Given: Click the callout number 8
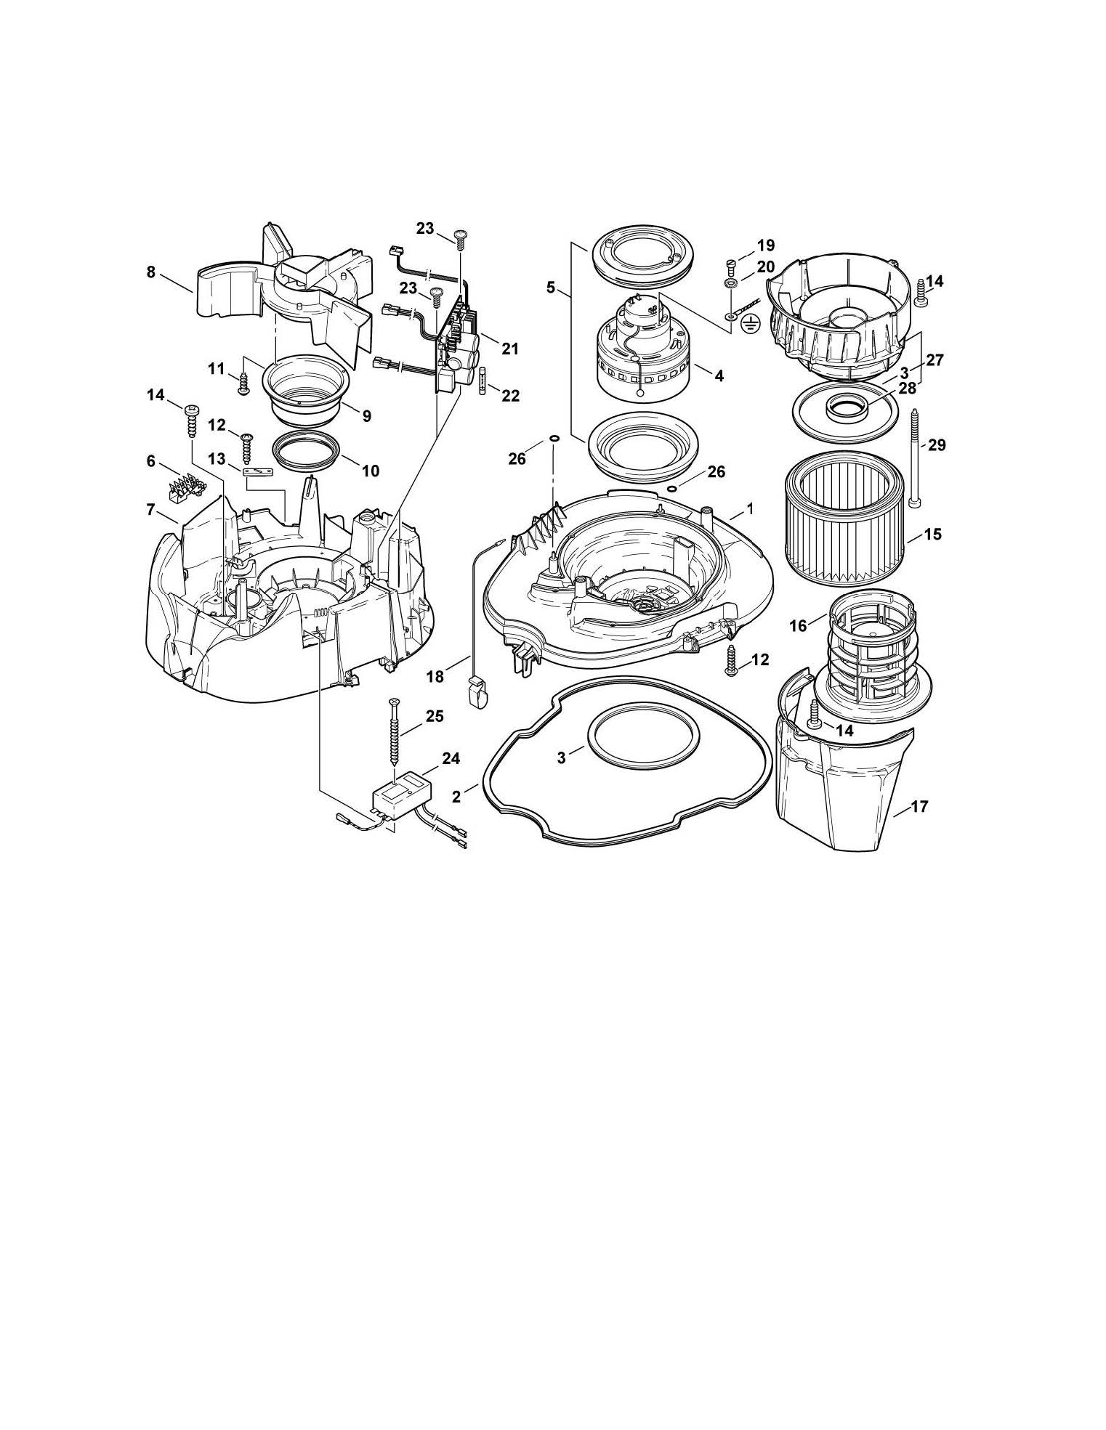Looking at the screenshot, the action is point(151,272).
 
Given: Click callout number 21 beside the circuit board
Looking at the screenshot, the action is point(510,349).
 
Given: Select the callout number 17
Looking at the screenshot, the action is point(919,807).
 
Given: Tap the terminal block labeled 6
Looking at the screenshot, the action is point(186,489).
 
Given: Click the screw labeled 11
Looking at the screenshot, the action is point(244,384).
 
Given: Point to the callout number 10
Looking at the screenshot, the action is point(370,471).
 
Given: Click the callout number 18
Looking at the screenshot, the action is point(435,676).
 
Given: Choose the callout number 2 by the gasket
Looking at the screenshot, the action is point(456,796).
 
